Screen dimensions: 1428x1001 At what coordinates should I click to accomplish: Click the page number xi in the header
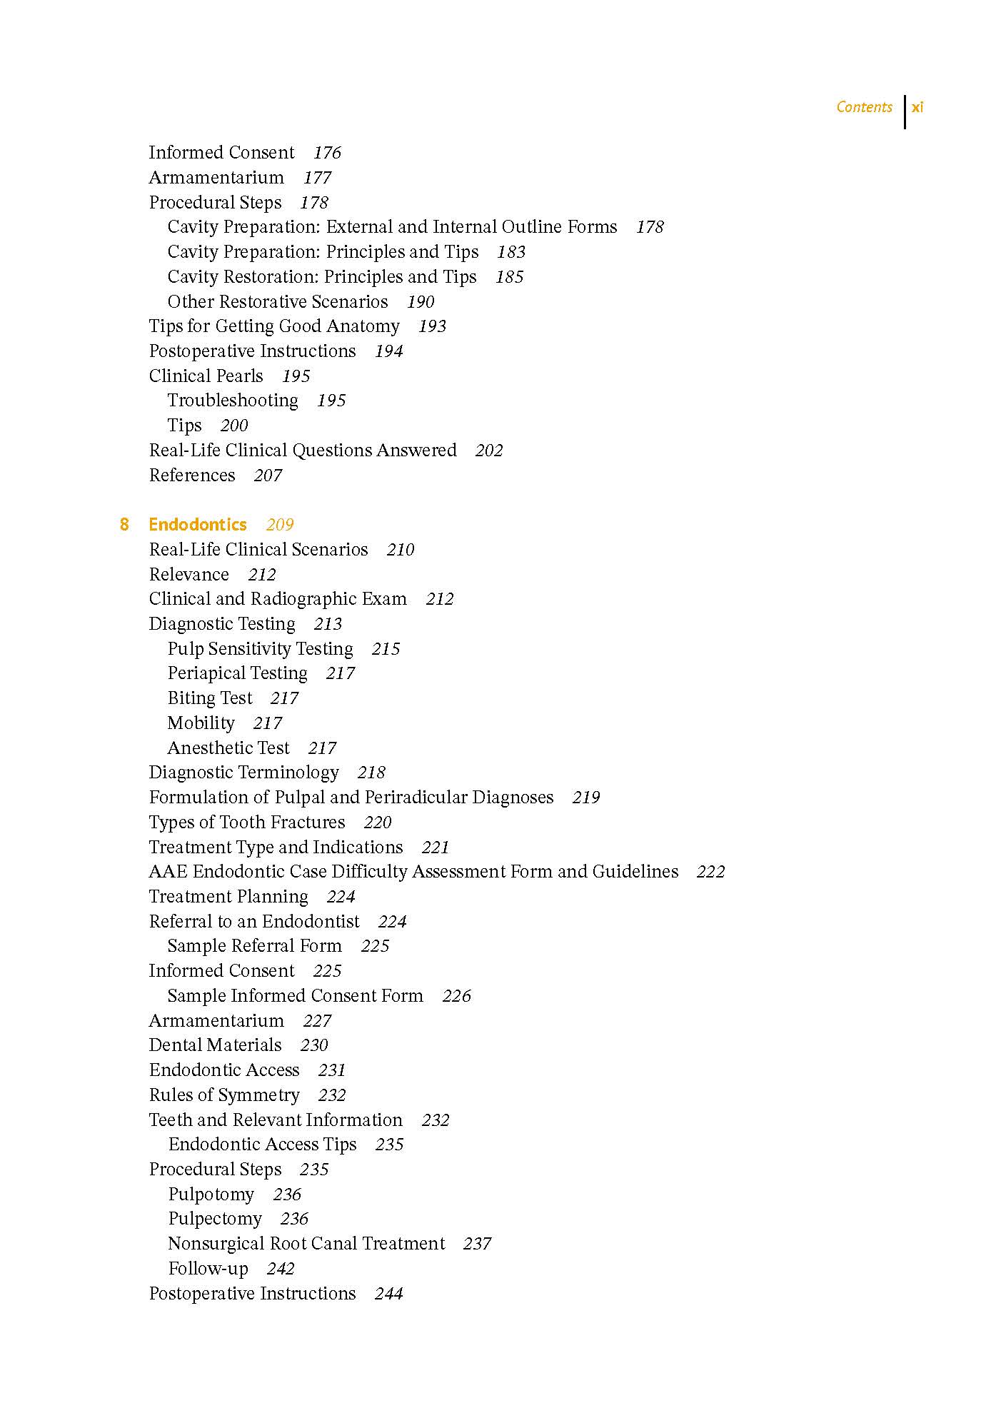[917, 108]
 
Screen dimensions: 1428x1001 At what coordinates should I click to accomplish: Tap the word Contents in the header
[864, 107]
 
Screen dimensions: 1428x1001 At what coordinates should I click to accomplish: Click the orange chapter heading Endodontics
[198, 525]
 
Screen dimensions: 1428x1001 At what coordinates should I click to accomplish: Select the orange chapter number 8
[124, 525]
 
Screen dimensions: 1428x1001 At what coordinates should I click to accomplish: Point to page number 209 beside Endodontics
[280, 525]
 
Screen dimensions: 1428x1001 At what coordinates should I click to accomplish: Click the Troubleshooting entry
[233, 401]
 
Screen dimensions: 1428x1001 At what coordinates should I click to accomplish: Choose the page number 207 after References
[268, 476]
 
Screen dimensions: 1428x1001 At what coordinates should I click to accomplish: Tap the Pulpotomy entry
[211, 1195]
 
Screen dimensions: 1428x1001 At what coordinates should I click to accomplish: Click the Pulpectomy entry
[215, 1219]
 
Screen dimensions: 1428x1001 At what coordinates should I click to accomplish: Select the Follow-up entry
[208, 1269]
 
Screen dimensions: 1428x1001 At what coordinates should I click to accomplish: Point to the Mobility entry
[201, 723]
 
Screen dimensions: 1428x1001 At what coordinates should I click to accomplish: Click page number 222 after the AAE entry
[710, 872]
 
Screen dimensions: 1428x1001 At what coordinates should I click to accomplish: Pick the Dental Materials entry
[216, 1045]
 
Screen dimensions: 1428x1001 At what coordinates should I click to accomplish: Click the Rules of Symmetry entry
[224, 1095]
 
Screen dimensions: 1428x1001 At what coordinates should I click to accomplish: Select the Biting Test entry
[210, 698]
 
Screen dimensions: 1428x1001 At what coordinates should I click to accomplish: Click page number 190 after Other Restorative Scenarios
[421, 302]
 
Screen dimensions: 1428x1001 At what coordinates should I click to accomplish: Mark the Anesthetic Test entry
[228, 748]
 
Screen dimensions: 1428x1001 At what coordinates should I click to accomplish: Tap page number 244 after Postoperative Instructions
[388, 1294]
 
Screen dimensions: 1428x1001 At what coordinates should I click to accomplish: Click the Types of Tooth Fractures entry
[247, 823]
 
